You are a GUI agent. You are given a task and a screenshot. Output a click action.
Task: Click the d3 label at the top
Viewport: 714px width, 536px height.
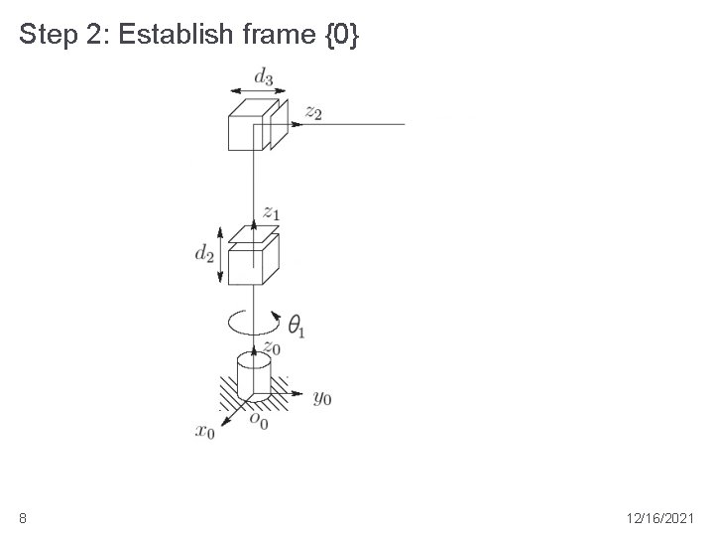pos(264,75)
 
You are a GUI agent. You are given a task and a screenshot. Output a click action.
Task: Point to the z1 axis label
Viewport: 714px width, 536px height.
pos(272,211)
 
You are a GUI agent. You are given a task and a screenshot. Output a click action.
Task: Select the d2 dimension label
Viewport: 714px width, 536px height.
pos(205,254)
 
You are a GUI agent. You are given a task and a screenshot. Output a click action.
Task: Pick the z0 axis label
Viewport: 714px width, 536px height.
pos(271,346)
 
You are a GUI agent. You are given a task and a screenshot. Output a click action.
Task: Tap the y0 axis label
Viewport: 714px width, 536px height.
pos(321,398)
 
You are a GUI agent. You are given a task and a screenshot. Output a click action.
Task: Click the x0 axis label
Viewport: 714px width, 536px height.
pos(205,431)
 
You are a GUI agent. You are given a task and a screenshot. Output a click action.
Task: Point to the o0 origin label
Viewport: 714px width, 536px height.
pos(259,421)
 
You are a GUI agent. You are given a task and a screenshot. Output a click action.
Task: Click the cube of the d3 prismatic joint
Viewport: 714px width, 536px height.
pos(249,125)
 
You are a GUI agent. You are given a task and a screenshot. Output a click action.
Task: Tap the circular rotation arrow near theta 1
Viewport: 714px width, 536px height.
pos(254,322)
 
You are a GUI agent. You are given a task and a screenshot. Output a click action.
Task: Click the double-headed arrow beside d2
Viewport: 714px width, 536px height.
pos(219,254)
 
